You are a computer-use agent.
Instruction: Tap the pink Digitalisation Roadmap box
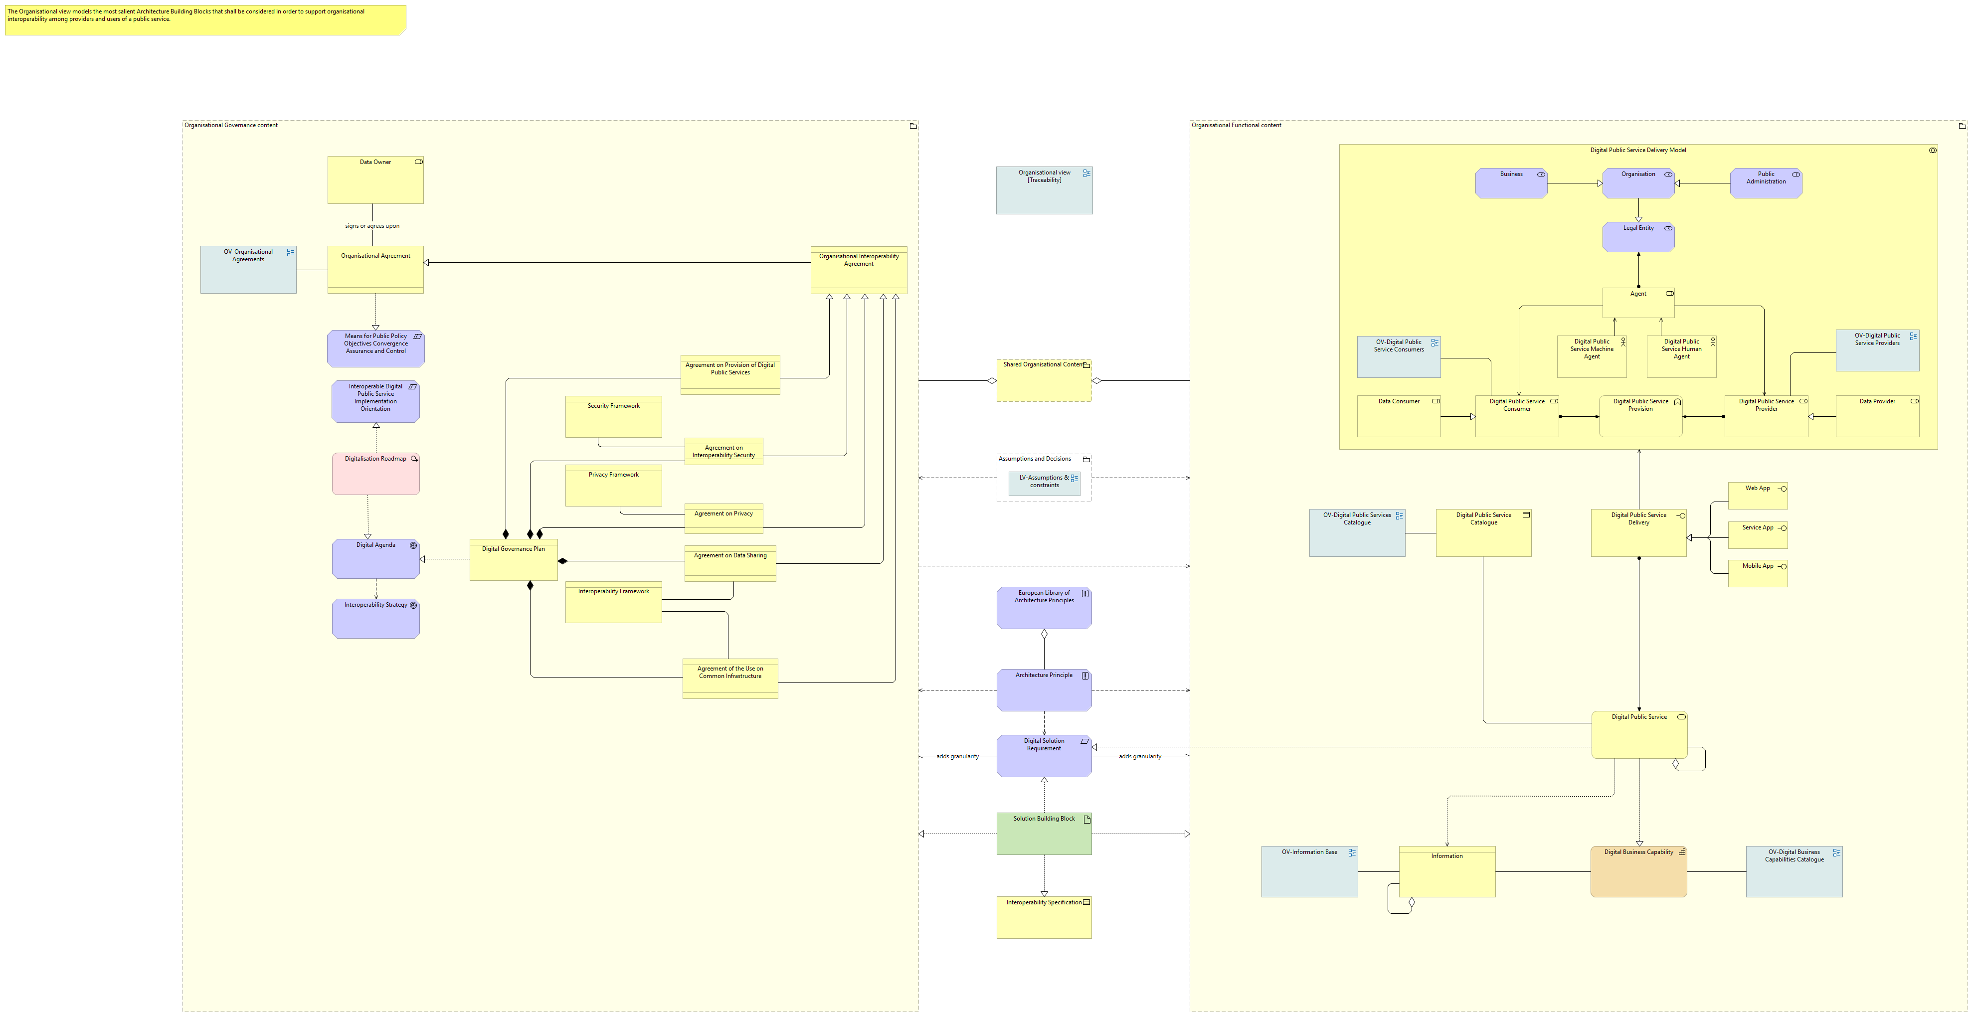[x=375, y=474]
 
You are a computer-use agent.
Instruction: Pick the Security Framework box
[x=613, y=417]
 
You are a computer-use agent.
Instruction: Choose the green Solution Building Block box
[x=1044, y=834]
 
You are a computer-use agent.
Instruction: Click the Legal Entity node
[x=1638, y=237]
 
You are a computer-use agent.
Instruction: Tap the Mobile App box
[x=1758, y=574]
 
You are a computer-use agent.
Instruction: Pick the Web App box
[x=1758, y=496]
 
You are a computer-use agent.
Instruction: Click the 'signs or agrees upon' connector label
[x=372, y=226]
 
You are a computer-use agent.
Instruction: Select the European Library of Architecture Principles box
[x=1044, y=608]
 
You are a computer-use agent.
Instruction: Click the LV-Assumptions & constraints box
[x=1044, y=484]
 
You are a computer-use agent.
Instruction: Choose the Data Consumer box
[x=1399, y=417]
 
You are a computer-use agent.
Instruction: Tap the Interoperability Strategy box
[x=375, y=619]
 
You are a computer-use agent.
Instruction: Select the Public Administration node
[x=1766, y=184]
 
